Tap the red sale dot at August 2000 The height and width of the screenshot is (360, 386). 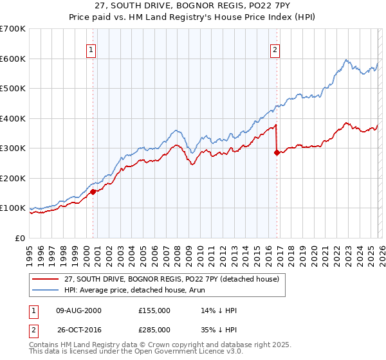[x=93, y=192]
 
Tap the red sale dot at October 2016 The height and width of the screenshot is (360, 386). [x=277, y=153]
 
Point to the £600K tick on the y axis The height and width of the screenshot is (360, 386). [x=13, y=59]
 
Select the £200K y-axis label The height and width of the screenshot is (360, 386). [x=13, y=178]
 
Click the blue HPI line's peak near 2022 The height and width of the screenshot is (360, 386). [x=346, y=60]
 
